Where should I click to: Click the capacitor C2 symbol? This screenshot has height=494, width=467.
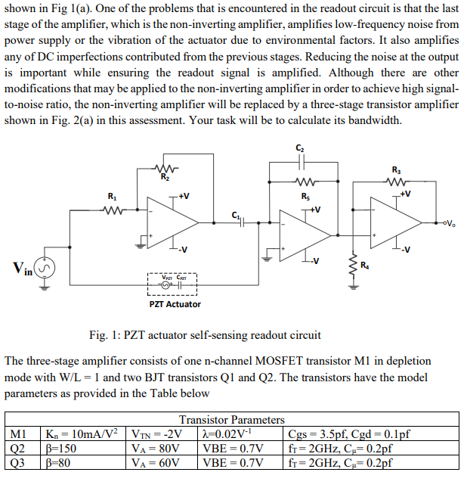302,161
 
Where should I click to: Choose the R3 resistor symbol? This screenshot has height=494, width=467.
397,182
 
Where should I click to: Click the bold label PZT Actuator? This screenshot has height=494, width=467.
175,304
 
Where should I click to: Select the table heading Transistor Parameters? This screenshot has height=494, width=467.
231,419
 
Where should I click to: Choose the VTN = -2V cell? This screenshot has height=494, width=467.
156,433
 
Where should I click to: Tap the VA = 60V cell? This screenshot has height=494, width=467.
156,461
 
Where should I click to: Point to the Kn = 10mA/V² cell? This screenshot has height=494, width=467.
81,433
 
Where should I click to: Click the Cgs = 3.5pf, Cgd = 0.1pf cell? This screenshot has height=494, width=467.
349,433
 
